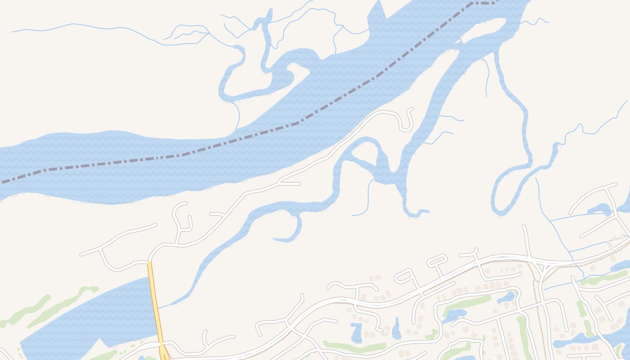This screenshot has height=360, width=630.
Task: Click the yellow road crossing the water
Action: pos(155,301)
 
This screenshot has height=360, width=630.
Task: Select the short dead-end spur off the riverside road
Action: pos(290,184)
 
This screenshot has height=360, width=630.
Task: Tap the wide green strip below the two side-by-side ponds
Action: pos(355,347)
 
